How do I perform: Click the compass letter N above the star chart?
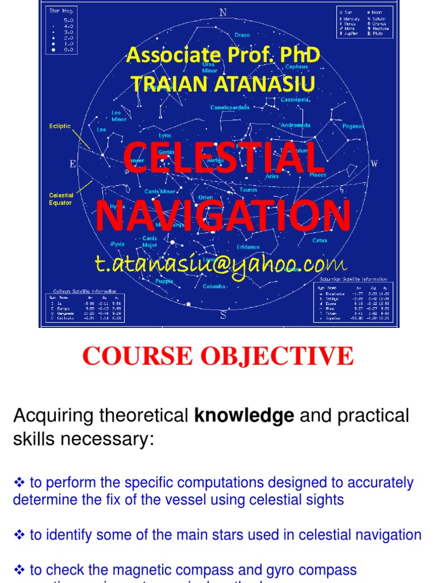coord(222,13)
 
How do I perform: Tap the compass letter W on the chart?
coord(374,164)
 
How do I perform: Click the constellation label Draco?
coord(242,35)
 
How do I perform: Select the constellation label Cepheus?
coord(296,67)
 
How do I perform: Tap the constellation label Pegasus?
coord(353,126)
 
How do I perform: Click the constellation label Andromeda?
coord(295,125)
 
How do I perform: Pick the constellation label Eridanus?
coord(248,247)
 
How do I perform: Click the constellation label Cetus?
coord(320,240)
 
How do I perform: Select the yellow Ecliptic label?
coord(60,126)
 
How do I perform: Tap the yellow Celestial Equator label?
coord(61,199)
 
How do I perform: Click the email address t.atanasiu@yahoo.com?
coord(220,264)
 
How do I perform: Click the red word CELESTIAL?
coord(223,160)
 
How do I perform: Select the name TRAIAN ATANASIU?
coord(223,84)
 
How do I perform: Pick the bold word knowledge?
coord(244,416)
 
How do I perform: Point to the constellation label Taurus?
coord(249,190)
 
